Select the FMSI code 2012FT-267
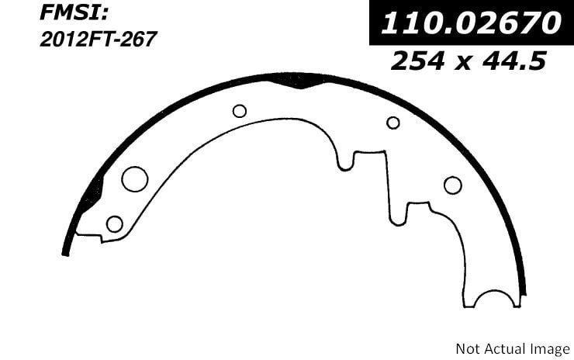pyautogui.click(x=98, y=40)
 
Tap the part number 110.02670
pyautogui.click(x=471, y=22)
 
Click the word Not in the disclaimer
pyautogui.click(x=468, y=348)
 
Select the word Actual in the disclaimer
pyautogui.click(x=503, y=348)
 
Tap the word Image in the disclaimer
pyautogui.click(x=548, y=350)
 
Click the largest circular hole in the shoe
pyautogui.click(x=135, y=179)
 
